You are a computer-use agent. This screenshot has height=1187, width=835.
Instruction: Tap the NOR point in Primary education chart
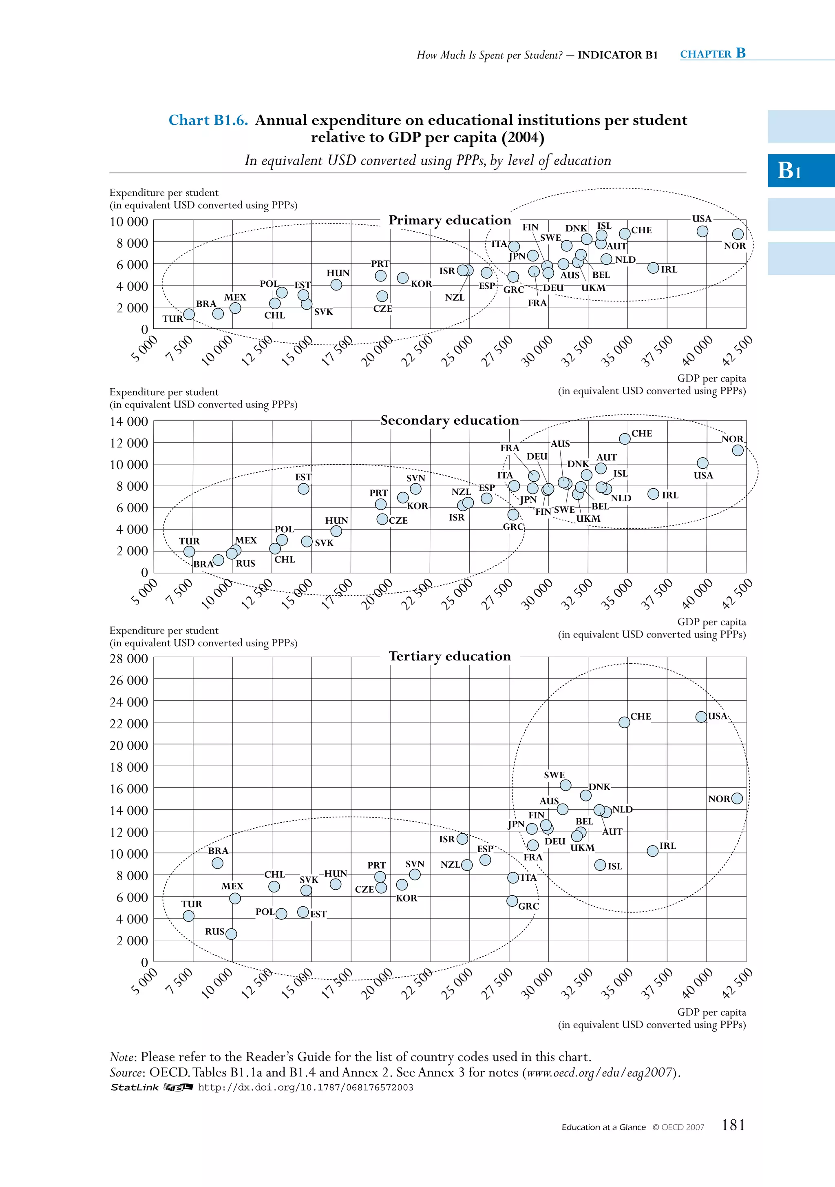[x=738, y=234]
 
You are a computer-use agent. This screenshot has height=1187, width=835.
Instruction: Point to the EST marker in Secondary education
[x=303, y=489]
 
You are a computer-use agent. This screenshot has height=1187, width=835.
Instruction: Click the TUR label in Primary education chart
[x=172, y=319]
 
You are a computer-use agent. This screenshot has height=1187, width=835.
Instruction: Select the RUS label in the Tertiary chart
[x=214, y=932]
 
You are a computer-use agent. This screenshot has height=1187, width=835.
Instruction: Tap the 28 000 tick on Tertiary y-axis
[x=129, y=659]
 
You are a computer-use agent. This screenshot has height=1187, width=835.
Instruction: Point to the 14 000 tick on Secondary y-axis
[x=129, y=421]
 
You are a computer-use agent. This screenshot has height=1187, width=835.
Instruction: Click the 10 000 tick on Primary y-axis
[x=129, y=222]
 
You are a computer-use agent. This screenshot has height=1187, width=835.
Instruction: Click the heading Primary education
[x=450, y=220]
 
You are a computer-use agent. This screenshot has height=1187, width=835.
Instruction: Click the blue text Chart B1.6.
[x=208, y=120]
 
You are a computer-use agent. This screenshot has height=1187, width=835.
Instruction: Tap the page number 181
[x=733, y=1125]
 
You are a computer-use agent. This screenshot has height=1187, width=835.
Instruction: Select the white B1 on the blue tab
[x=789, y=170]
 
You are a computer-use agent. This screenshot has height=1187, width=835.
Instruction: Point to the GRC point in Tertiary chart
[x=512, y=901]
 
